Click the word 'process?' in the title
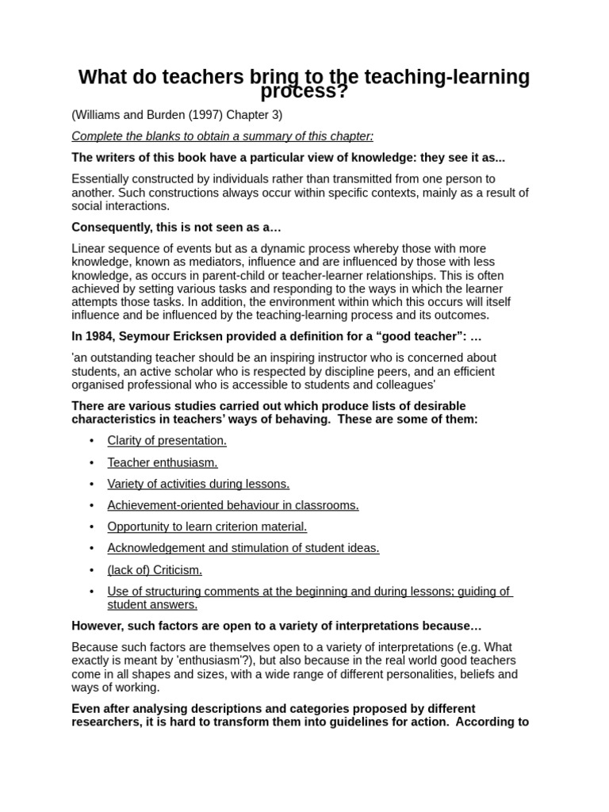click(304, 92)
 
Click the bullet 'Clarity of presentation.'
click(167, 441)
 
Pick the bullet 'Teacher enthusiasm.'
click(163, 462)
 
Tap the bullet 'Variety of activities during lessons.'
click(198, 484)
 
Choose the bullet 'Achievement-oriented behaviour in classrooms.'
click(233, 505)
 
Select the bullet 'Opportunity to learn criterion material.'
click(207, 527)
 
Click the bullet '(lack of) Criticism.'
click(155, 569)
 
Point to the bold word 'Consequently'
click(107, 228)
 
